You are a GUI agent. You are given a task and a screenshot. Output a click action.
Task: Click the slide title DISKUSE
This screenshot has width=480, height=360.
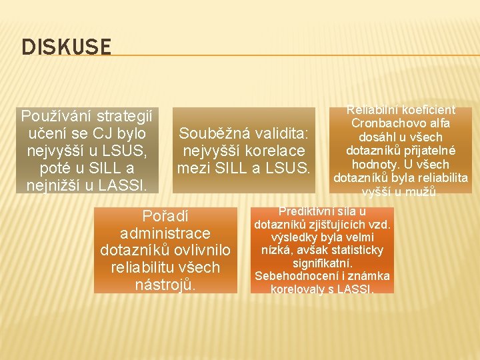click(x=66, y=47)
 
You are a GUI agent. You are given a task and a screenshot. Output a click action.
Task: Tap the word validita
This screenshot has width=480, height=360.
click(x=278, y=133)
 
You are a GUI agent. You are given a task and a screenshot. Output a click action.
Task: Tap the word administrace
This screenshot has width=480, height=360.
click(x=165, y=233)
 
